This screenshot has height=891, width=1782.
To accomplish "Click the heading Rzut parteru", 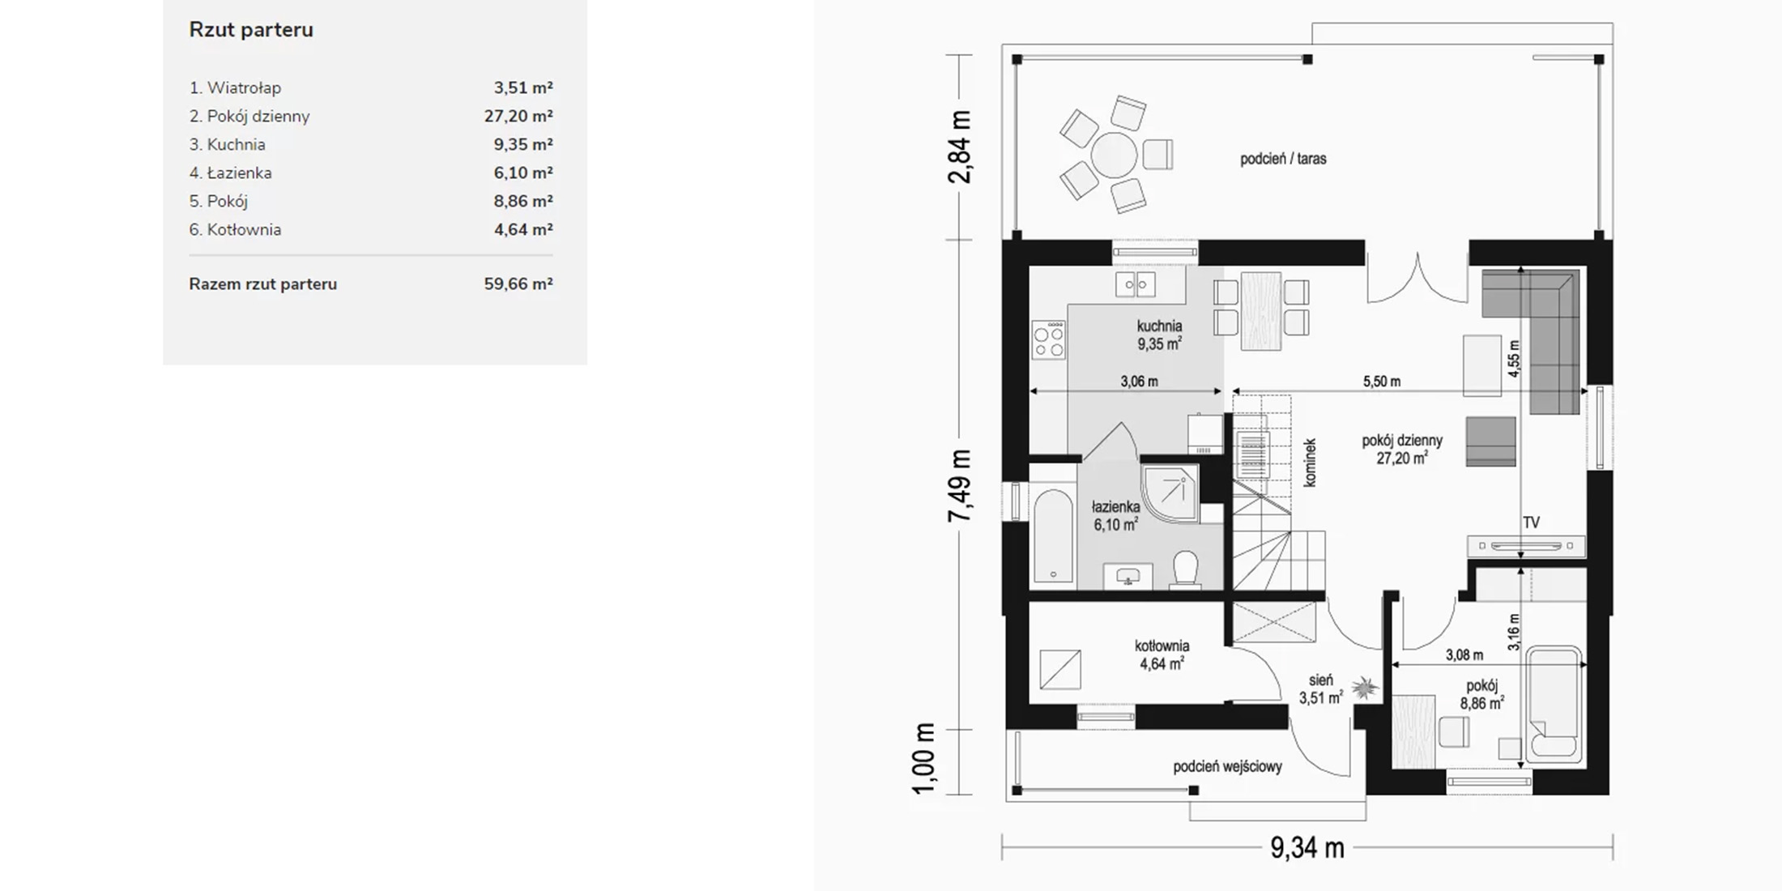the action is click(x=251, y=30).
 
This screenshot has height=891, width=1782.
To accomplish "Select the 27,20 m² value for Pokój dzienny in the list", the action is click(x=518, y=116).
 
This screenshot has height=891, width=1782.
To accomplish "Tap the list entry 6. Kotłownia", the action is click(x=235, y=229).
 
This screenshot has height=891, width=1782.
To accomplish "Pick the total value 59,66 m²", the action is click(x=518, y=283).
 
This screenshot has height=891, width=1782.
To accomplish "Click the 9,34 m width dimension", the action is click(x=1307, y=847).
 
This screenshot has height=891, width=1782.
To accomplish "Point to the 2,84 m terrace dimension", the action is click(x=960, y=147).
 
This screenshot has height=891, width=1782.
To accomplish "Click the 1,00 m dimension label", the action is click(x=924, y=759).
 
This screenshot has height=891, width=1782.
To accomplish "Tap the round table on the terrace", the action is click(x=1115, y=154).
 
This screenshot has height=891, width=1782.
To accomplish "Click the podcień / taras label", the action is click(x=1283, y=159).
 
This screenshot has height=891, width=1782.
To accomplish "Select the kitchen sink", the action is click(x=1136, y=284).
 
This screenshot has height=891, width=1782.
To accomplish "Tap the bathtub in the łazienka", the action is click(x=1053, y=535).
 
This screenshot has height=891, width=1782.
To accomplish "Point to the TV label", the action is click(x=1531, y=523).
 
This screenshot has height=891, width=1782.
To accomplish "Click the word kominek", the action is click(x=1310, y=463).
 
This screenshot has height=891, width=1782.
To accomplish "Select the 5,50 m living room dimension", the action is click(x=1382, y=382).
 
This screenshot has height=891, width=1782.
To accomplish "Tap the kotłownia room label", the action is click(x=1162, y=646).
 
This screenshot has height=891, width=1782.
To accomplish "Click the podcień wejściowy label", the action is click(x=1228, y=766).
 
